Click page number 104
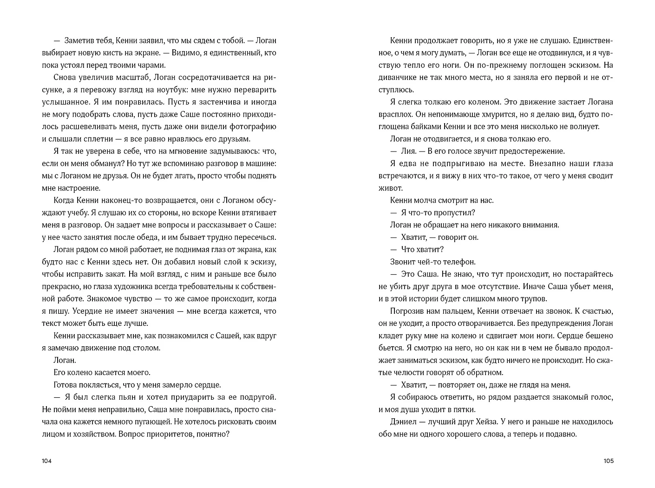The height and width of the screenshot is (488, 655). (46, 461)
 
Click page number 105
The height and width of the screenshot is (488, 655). (608, 461)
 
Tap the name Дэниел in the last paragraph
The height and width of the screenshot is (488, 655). (404, 422)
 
